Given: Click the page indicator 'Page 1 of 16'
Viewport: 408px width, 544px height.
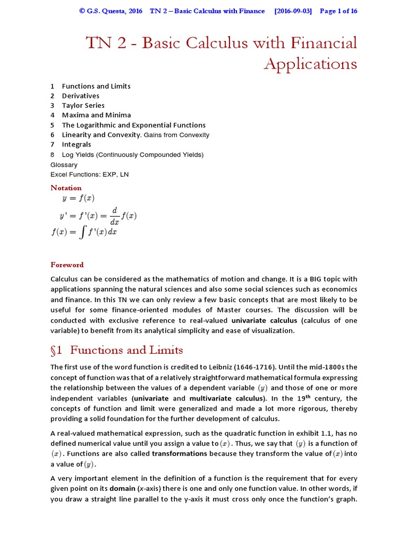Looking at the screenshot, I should click(338, 11).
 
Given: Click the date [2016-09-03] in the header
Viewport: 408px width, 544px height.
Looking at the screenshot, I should click(293, 11).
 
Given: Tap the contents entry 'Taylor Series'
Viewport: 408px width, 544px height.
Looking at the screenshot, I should click(83, 105).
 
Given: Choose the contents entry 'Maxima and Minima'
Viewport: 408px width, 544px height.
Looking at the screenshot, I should click(96, 115).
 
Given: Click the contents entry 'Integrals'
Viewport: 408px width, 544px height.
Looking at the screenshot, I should click(76, 144).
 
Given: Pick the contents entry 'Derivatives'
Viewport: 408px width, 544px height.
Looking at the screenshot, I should click(80, 96).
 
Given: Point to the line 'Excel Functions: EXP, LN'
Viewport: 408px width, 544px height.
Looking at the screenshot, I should click(89, 174).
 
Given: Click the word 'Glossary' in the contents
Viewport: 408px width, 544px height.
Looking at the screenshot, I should click(64, 165).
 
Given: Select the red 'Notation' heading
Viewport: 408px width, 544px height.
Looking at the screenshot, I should click(66, 188).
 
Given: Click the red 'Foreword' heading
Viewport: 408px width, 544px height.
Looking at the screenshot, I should click(67, 265).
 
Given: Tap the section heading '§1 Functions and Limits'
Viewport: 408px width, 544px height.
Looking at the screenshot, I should click(116, 350).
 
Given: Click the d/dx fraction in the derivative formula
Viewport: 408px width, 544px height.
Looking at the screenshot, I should click(114, 216).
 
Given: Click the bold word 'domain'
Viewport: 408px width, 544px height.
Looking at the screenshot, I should click(123, 489).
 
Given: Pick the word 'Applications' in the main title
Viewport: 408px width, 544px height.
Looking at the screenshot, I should click(310, 64).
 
